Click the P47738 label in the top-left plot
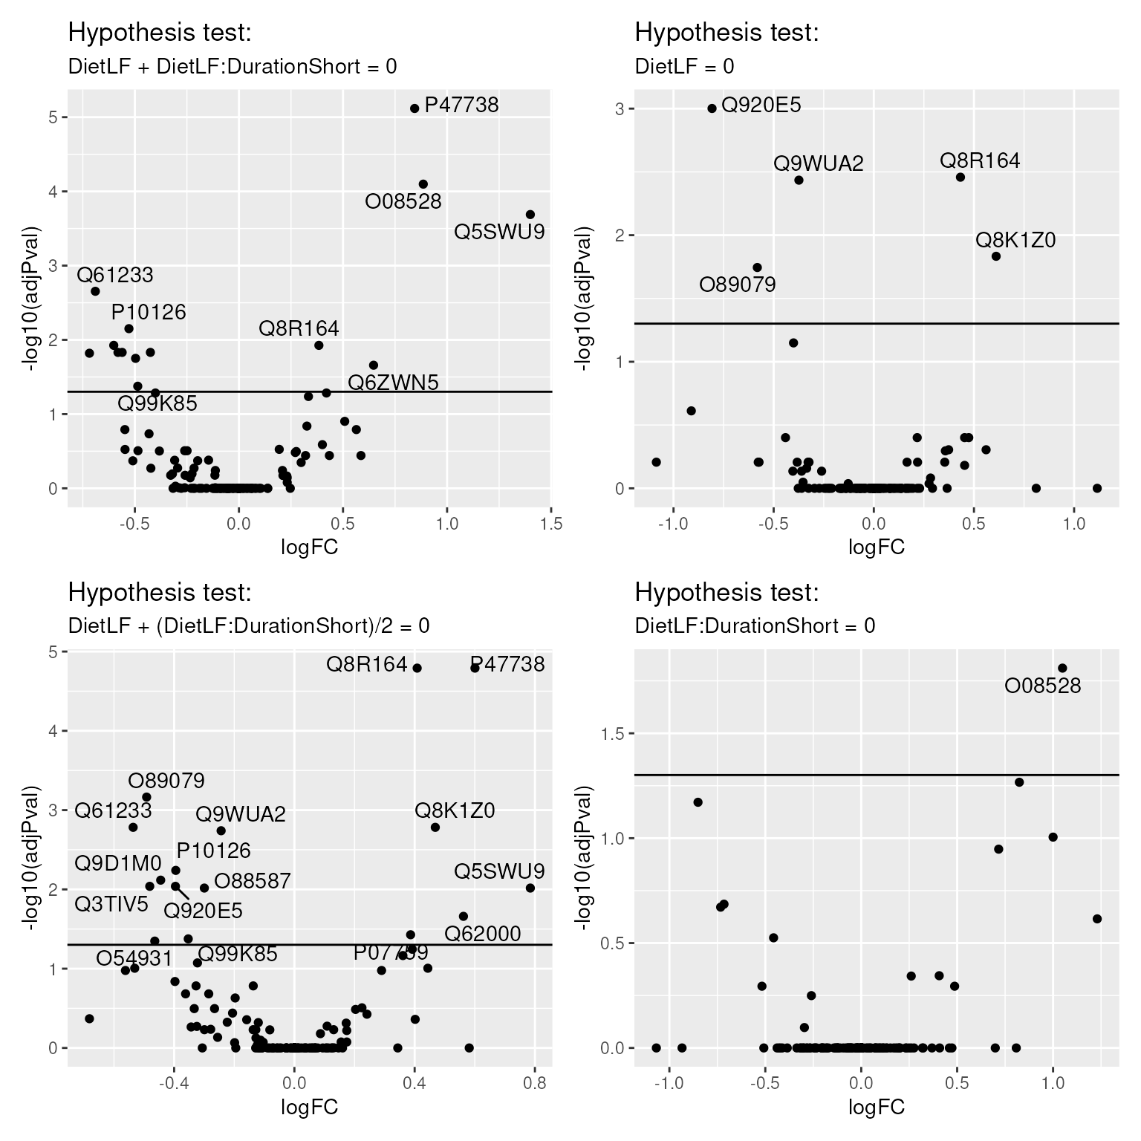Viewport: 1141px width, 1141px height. [461, 105]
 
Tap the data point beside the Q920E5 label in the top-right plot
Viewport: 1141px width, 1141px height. [712, 108]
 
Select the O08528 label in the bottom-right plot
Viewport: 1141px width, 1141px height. [1042, 686]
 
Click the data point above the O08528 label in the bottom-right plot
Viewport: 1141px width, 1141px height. [1062, 668]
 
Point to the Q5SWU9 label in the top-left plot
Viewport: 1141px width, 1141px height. [499, 233]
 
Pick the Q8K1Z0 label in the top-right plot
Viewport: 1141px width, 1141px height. [1015, 241]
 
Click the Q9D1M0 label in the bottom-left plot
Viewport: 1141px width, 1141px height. [118, 863]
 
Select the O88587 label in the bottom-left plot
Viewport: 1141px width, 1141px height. [252, 881]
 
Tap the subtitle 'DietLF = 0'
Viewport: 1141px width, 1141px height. [684, 67]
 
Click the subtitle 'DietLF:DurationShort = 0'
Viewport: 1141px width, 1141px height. [755, 626]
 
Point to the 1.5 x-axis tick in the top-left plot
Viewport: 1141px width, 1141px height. [550, 524]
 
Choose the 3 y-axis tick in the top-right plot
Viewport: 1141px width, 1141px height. [620, 109]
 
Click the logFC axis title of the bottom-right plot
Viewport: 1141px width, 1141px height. [877, 1108]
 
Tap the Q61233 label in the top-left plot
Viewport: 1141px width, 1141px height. [115, 276]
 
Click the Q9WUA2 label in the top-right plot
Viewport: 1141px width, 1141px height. [819, 163]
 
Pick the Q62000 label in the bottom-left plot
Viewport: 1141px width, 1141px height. [483, 934]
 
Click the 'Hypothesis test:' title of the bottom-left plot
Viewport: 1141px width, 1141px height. [160, 593]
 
